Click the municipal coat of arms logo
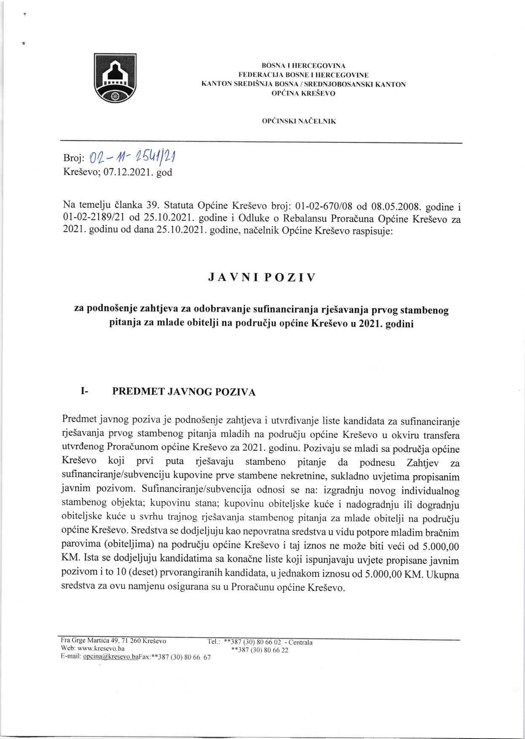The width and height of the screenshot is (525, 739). pyautogui.click(x=115, y=78)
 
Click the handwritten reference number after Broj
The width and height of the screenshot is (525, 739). pyautogui.click(x=133, y=157)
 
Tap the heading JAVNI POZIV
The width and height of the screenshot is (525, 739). pyautogui.click(x=262, y=277)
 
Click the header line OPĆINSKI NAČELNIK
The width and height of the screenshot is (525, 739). pyautogui.click(x=299, y=121)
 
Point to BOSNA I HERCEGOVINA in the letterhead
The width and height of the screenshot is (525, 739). pyautogui.click(x=303, y=66)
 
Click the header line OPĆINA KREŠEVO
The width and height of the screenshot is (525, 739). pyautogui.click(x=303, y=93)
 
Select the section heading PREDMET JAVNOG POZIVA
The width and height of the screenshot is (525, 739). pyautogui.click(x=184, y=392)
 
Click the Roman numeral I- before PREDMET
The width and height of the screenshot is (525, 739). pyautogui.click(x=84, y=392)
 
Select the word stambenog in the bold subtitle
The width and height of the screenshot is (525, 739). pyautogui.click(x=424, y=310)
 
